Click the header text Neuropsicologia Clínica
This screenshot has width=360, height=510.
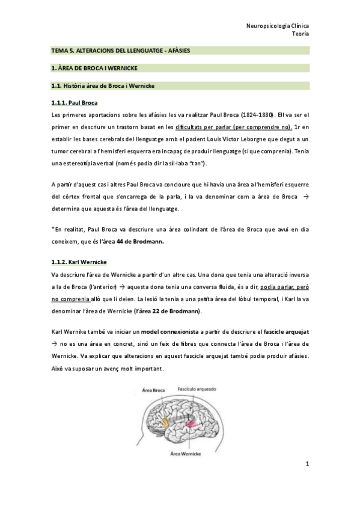pyautogui.click(x=277, y=26)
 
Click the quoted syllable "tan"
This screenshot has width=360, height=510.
pyautogui.click(x=199, y=161)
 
